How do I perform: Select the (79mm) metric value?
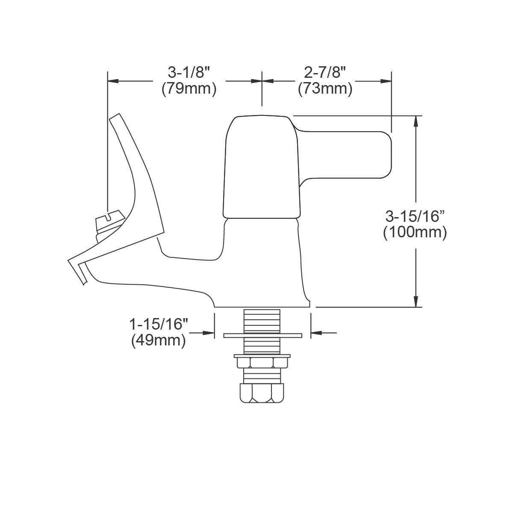(x=189, y=89)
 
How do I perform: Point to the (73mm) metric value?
(x=325, y=89)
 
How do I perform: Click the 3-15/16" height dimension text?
(x=415, y=216)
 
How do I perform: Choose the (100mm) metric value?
(x=415, y=233)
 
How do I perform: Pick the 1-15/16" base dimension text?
(x=159, y=324)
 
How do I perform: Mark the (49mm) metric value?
(x=159, y=340)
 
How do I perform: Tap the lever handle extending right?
(x=351, y=154)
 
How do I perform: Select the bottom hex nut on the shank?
(x=262, y=392)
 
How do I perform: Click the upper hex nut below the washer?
(x=262, y=363)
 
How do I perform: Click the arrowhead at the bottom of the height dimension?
(x=415, y=302)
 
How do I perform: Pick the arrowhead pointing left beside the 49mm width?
(x=316, y=333)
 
